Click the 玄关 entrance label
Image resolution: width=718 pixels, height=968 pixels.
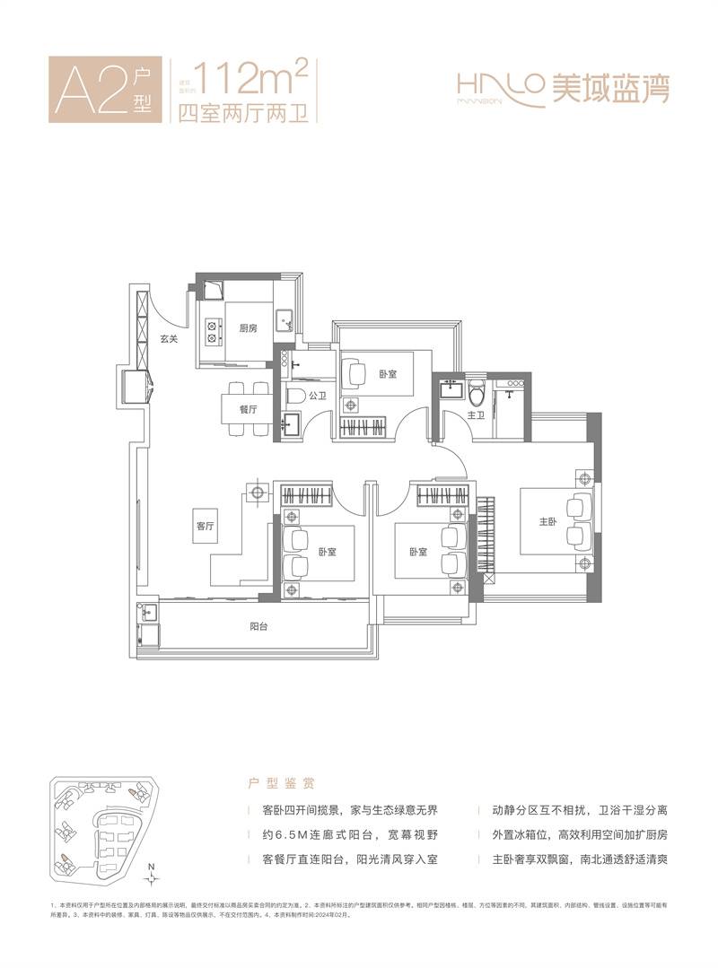pyautogui.click(x=171, y=339)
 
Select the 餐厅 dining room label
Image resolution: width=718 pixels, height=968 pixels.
pyautogui.click(x=249, y=409)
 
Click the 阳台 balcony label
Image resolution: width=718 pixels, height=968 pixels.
pyautogui.click(x=258, y=627)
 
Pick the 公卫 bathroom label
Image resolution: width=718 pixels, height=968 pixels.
pyautogui.click(x=317, y=395)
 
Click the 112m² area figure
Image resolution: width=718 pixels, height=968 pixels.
pyautogui.click(x=255, y=82)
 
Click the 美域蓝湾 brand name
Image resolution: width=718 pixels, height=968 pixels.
pyautogui.click(x=610, y=89)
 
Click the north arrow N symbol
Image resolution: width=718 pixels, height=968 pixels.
pyautogui.click(x=153, y=868)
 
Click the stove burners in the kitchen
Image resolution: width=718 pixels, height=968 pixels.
pyautogui.click(x=214, y=332)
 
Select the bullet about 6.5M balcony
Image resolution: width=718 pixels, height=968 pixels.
pyautogui.click(x=346, y=835)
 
